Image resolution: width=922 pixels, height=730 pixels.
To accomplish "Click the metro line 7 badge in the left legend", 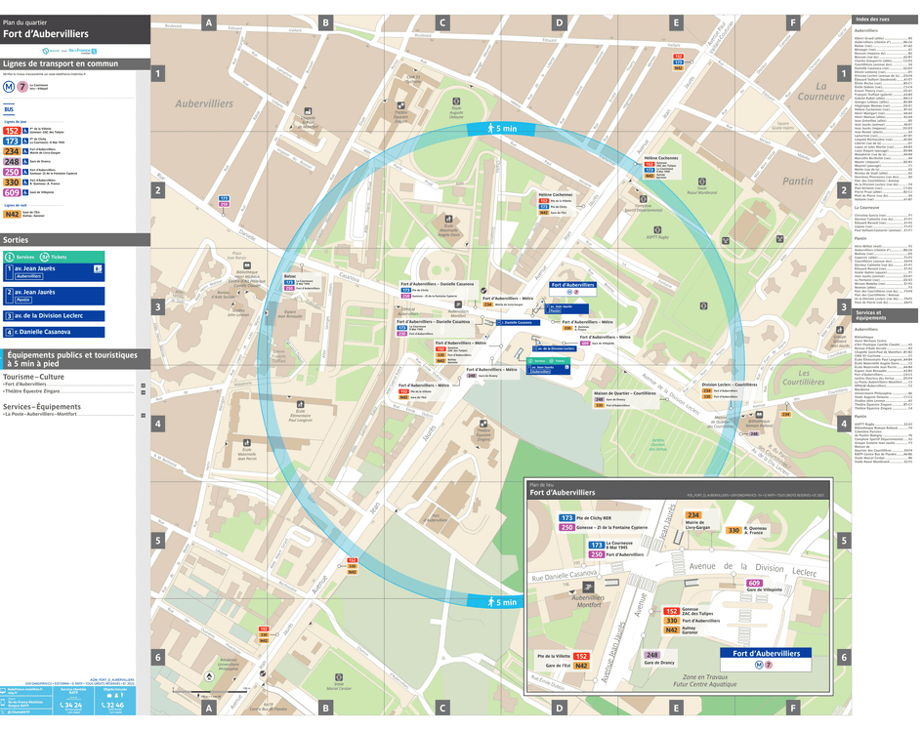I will coord(21,86).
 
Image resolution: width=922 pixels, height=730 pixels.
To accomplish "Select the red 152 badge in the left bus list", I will coord(12,129).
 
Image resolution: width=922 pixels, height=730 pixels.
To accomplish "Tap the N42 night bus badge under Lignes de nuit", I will coord(12,214).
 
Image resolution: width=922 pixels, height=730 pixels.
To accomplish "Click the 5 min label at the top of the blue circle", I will coord(498,129).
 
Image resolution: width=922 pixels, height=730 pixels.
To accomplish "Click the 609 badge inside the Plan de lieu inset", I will coord(754,583).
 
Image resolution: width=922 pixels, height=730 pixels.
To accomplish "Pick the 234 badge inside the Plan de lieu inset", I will coord(694,514).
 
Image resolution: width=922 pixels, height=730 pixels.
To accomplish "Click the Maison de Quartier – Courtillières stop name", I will coord(624,392).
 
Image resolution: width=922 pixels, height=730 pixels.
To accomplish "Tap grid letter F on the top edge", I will coord(793,21).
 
